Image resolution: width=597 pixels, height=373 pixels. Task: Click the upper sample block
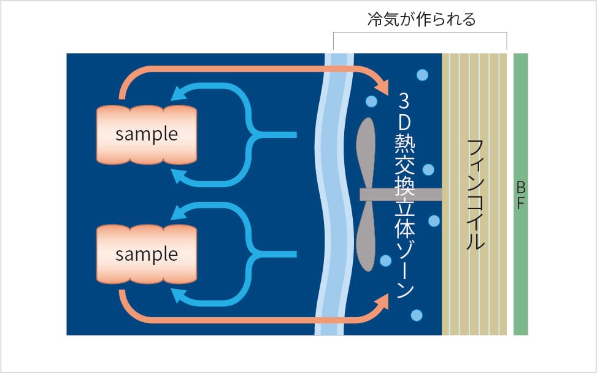tap(147, 135)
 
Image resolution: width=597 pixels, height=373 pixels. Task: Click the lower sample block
tap(147, 254)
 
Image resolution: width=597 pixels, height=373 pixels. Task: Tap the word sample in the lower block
tap(147, 255)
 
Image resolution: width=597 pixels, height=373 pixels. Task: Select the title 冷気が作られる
tap(422, 19)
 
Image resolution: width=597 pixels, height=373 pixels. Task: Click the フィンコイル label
tap(475, 194)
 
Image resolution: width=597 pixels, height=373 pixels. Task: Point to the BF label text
tap(521, 196)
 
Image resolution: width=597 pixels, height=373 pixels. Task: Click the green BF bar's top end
tap(521, 54)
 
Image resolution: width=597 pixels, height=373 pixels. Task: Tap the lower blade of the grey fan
tap(366, 236)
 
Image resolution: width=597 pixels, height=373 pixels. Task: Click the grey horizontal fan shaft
tap(401, 195)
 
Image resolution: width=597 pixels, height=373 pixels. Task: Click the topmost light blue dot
tap(422, 75)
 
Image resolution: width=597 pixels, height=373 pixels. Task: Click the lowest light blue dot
tap(417, 315)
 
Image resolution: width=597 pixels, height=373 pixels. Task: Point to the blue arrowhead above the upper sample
tap(178, 93)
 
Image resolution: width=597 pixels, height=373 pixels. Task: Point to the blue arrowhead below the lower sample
tap(178, 296)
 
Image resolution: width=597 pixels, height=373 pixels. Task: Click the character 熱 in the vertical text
tap(405, 144)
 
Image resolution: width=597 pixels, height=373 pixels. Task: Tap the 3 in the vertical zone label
tap(404, 101)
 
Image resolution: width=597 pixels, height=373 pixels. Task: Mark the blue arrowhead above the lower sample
tap(178, 212)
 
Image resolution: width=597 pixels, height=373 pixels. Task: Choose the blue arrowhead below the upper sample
tap(178, 176)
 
